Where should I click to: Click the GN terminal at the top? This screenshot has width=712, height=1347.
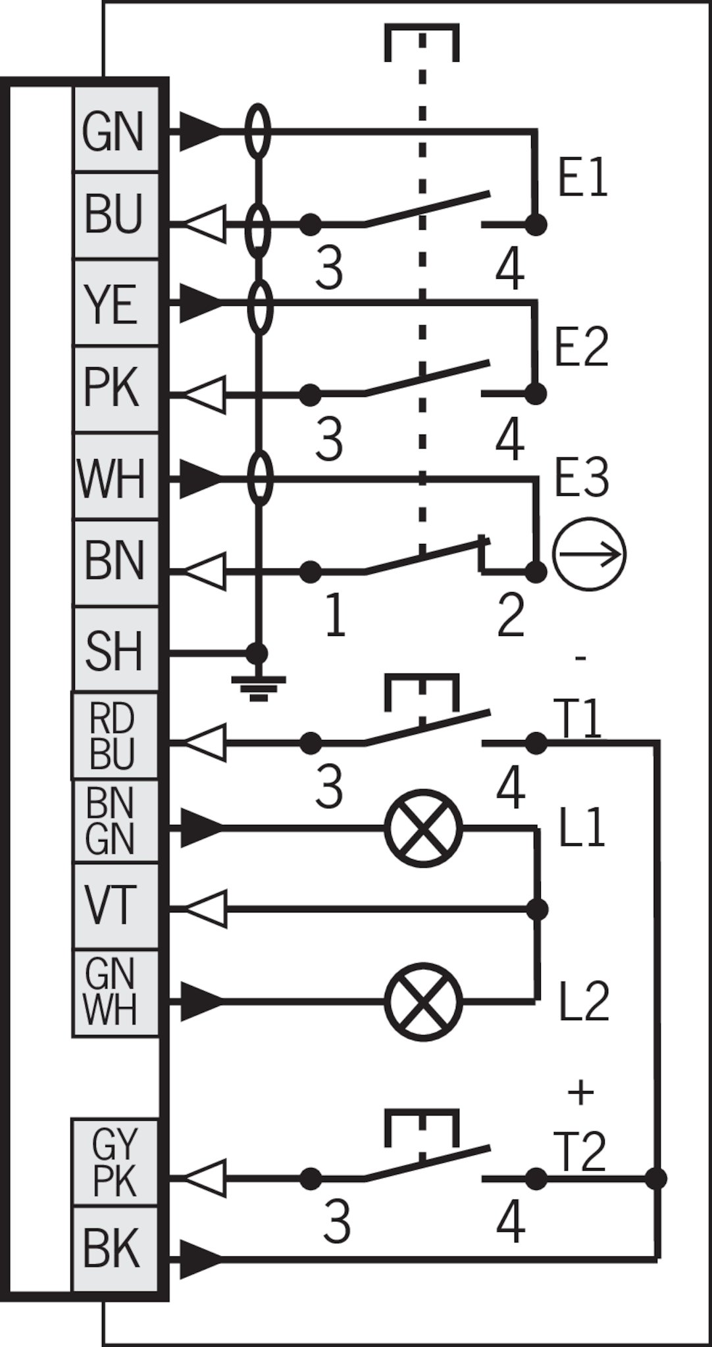tap(116, 130)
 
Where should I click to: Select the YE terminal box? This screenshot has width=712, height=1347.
tap(116, 303)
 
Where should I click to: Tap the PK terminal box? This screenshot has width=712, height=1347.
tap(116, 389)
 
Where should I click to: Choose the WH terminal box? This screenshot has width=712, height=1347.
tap(116, 476)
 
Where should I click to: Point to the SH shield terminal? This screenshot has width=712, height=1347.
tap(116, 649)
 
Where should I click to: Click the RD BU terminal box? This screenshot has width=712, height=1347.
tap(115, 735)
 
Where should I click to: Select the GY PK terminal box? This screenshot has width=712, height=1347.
tap(115, 1162)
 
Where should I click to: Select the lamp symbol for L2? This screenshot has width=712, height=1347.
tap(423, 1001)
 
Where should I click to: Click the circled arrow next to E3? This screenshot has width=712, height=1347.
tap(589, 554)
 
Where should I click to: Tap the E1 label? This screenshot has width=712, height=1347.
tap(583, 178)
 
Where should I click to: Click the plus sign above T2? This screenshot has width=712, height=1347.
tap(580, 1092)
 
